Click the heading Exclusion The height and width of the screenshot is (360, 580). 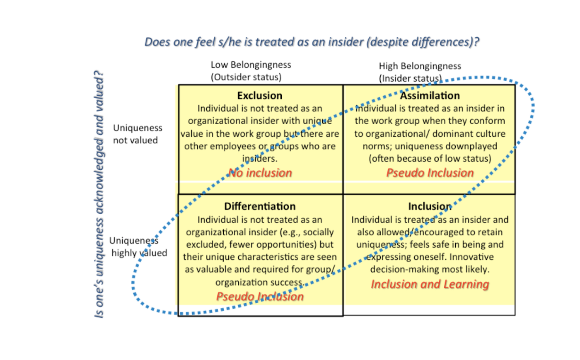pos(260,96)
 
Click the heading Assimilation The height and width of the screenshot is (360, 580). pos(430,96)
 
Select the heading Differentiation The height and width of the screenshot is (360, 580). pos(260,206)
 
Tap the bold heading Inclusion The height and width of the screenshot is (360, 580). pos(430,206)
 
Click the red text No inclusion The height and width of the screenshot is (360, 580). pos(260,173)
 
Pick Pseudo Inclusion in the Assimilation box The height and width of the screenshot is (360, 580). pos(430,173)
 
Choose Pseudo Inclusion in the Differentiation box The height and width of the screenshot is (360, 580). pos(260,297)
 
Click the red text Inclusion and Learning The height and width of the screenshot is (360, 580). pos(430,284)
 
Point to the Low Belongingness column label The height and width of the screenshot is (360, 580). pos(251,65)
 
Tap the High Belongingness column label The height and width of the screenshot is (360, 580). pos(420,66)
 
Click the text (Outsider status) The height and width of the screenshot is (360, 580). pos(246,77)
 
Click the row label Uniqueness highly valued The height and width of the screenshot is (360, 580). pos(138,247)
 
